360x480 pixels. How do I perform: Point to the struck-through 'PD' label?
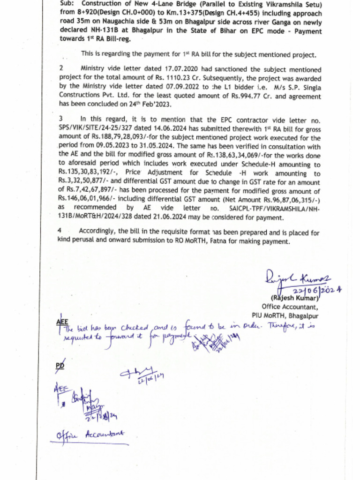pyautogui.click(x=60, y=365)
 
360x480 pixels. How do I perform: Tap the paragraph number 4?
pyautogui.click(x=60, y=231)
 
